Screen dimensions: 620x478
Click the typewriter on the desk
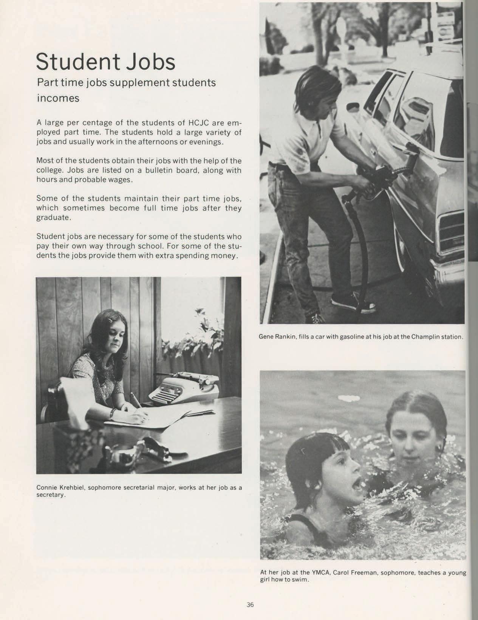[184, 387]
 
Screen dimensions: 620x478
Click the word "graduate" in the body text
[53, 218]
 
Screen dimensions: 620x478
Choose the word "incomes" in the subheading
[58, 98]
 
